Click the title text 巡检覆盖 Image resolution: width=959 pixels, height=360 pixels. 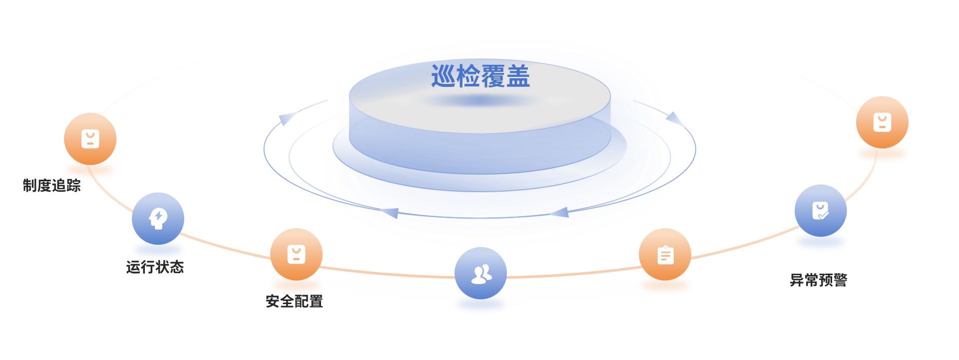coord(480,76)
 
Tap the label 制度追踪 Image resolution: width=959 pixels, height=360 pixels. coord(52,186)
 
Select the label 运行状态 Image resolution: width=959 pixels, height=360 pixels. coord(155,267)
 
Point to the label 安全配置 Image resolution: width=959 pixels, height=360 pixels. coord(294,301)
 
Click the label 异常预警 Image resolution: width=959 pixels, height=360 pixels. coord(819,280)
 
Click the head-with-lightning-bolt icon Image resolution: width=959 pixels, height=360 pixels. coord(158,218)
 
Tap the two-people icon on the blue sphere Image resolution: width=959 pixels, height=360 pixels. coord(480,274)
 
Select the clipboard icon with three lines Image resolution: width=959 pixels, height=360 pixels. coord(665,255)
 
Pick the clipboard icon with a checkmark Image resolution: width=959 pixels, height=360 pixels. coord(820,211)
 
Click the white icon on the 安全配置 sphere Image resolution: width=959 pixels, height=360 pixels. coord(296,254)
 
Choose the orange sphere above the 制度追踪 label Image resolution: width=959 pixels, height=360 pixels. coord(90,139)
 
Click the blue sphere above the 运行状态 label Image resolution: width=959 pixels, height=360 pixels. coord(158,218)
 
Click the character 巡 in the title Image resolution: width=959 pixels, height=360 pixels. coord(443,76)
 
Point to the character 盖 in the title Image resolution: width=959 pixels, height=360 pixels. coord(518,76)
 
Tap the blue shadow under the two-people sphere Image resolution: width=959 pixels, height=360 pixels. coord(480,306)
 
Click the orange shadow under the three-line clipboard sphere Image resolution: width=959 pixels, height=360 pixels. coord(665,287)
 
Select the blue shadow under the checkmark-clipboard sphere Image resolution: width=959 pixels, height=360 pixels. coord(821,243)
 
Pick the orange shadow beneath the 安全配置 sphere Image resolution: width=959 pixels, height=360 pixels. coord(296,286)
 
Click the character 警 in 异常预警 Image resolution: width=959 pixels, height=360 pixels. coord(840,280)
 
